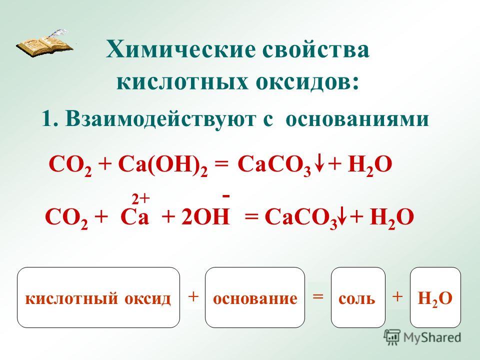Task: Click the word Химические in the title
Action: (180, 50)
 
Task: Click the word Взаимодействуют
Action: (160, 118)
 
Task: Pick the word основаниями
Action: (357, 119)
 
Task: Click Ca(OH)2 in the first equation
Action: (163, 165)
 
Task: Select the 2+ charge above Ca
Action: (140, 200)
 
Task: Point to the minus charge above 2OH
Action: (226, 195)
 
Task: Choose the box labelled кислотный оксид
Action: (98, 297)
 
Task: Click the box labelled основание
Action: (255, 297)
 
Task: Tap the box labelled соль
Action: (358, 297)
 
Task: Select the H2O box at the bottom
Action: (435, 297)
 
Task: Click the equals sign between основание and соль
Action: (318, 296)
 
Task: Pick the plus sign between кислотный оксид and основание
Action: (193, 296)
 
